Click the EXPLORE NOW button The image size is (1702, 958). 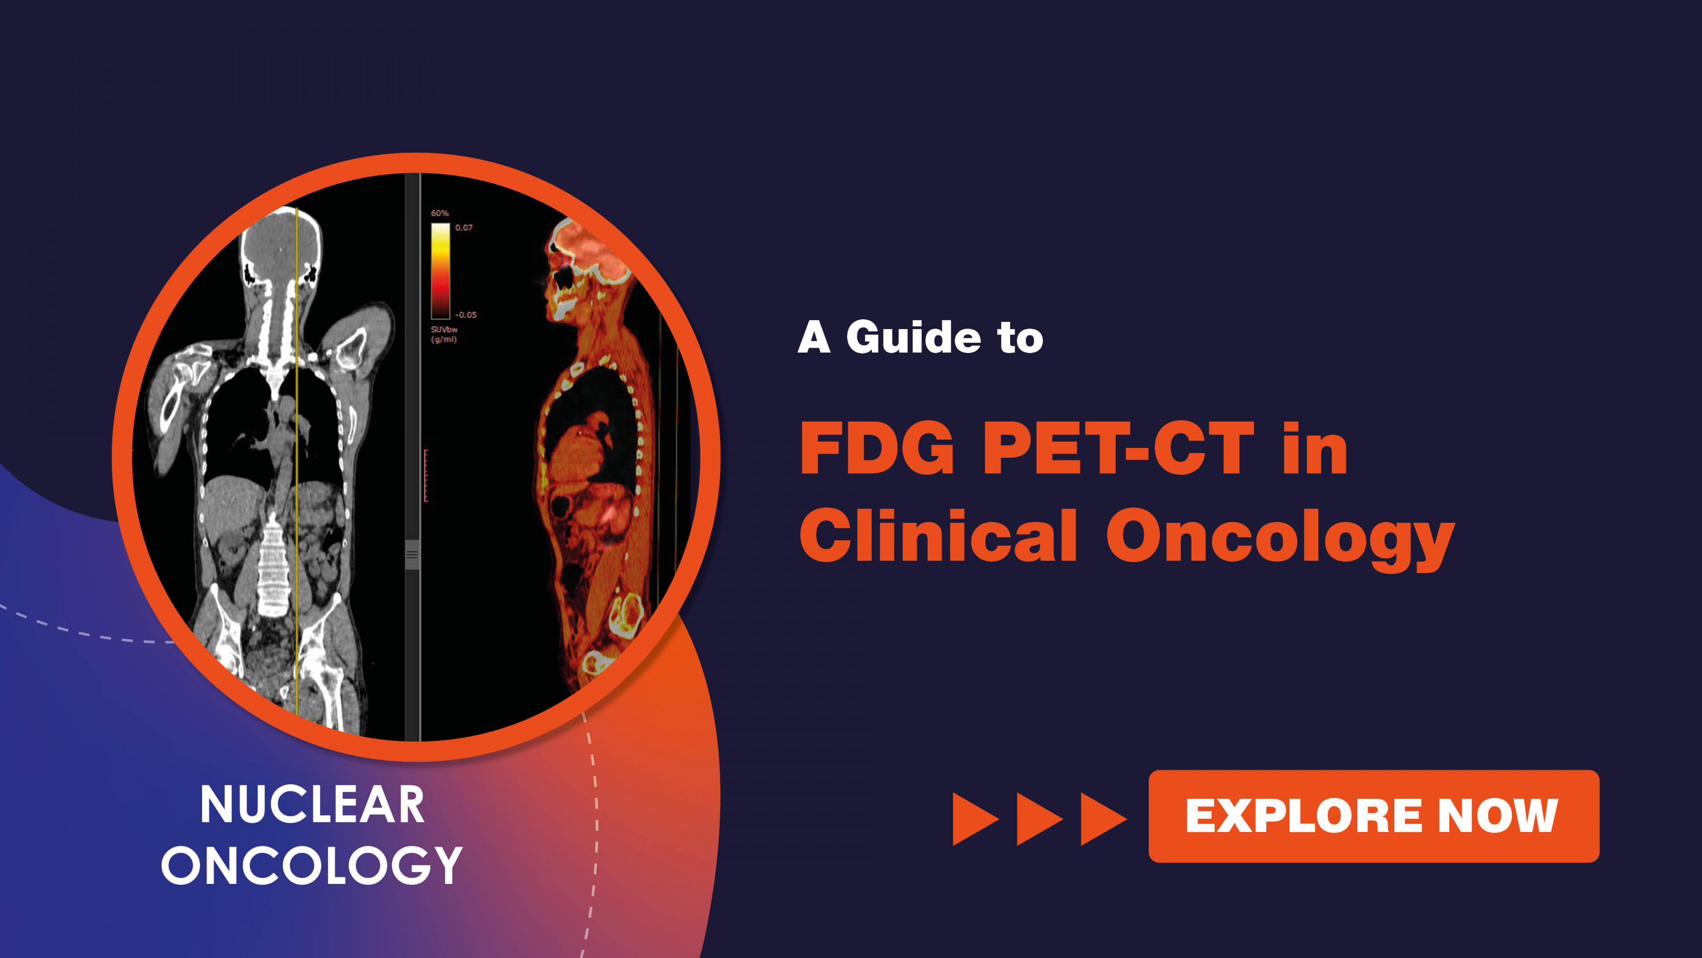tap(1373, 816)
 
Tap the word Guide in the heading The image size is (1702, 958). tap(914, 338)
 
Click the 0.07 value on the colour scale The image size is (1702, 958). tap(464, 228)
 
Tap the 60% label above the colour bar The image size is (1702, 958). tap(439, 213)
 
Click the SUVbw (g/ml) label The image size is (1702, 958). tap(444, 334)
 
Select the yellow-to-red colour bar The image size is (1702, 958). tap(441, 271)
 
